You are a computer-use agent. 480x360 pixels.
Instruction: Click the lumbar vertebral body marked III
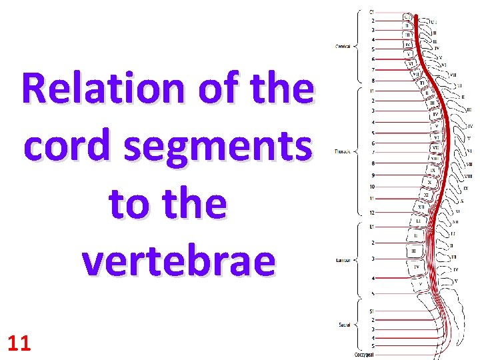pyautogui.click(x=415, y=251)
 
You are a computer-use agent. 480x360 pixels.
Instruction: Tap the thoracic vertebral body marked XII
pyautogui.click(x=421, y=207)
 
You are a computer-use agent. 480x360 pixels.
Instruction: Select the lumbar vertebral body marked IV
pyautogui.click(x=417, y=267)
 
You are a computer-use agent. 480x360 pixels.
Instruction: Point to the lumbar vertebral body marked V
pyautogui.click(x=419, y=283)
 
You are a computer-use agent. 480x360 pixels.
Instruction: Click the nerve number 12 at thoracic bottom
pyautogui.click(x=372, y=212)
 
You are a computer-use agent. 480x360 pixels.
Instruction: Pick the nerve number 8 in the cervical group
pyautogui.click(x=372, y=80)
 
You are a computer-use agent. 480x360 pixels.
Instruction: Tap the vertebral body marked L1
pyautogui.click(x=418, y=221)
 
